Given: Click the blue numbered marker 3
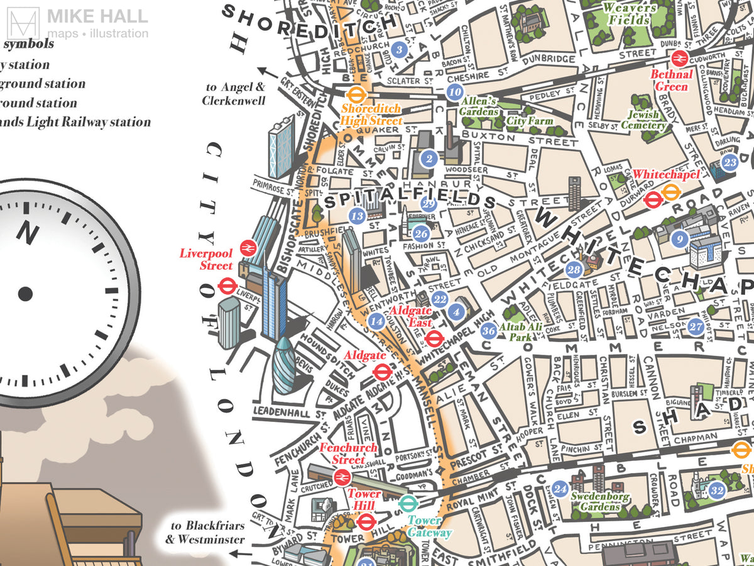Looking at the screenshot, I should point(397,48).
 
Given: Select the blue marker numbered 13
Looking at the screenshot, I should point(358,216).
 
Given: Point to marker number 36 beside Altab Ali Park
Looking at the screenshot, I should point(488,331).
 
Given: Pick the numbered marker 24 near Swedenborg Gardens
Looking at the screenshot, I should point(560,488).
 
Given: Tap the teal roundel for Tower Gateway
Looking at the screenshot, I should point(408,503).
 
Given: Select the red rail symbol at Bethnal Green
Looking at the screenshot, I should point(679,58).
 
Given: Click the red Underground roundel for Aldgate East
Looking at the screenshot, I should point(434,340).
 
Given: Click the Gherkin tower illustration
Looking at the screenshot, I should point(287,365).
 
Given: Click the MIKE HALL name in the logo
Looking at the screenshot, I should point(97,16).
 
